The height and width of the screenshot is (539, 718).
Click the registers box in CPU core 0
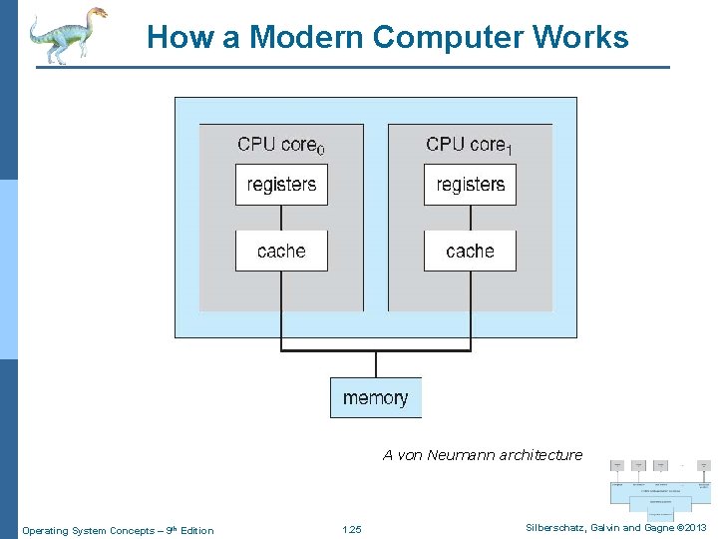coord(281,185)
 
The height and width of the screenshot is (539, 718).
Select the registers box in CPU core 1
coord(470,185)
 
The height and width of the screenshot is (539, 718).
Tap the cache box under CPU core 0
coord(281,251)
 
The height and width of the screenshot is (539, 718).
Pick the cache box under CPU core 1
coord(470,251)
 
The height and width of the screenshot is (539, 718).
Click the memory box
coord(376,397)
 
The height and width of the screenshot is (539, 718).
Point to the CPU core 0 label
coord(280,145)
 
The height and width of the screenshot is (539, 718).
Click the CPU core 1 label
coord(469,145)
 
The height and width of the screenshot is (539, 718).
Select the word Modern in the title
coord(306,38)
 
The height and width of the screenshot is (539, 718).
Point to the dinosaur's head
coord(97,13)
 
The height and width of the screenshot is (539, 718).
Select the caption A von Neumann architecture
coord(483,455)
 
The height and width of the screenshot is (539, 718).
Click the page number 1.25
coord(351,530)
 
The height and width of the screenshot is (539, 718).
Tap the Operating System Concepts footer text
coord(118,530)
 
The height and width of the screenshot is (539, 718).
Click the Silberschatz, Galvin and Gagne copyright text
coord(614,527)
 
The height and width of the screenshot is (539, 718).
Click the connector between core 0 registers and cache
coord(281,218)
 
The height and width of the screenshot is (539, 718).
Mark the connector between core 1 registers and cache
coord(470,218)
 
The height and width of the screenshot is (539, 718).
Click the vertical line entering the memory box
coord(376,364)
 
